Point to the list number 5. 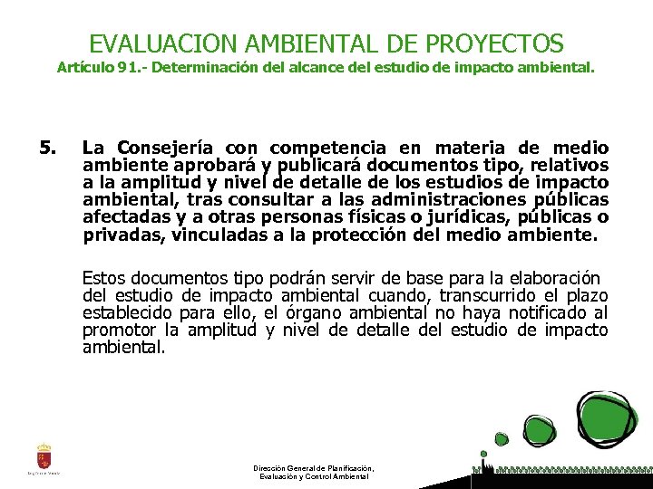coord(48,148)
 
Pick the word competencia coord(326,148)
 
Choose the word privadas coord(117,235)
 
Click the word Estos coord(102,278)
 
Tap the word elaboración coord(552,278)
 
